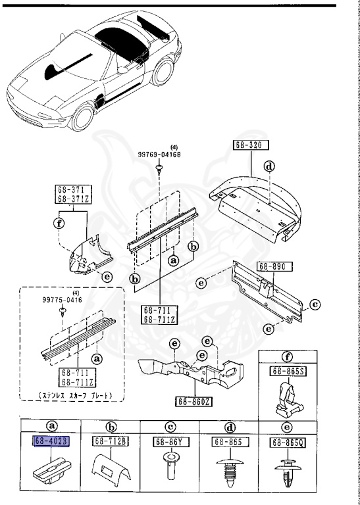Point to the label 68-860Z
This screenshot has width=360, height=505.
(x=193, y=400)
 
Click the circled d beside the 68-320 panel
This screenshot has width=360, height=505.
(x=269, y=166)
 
